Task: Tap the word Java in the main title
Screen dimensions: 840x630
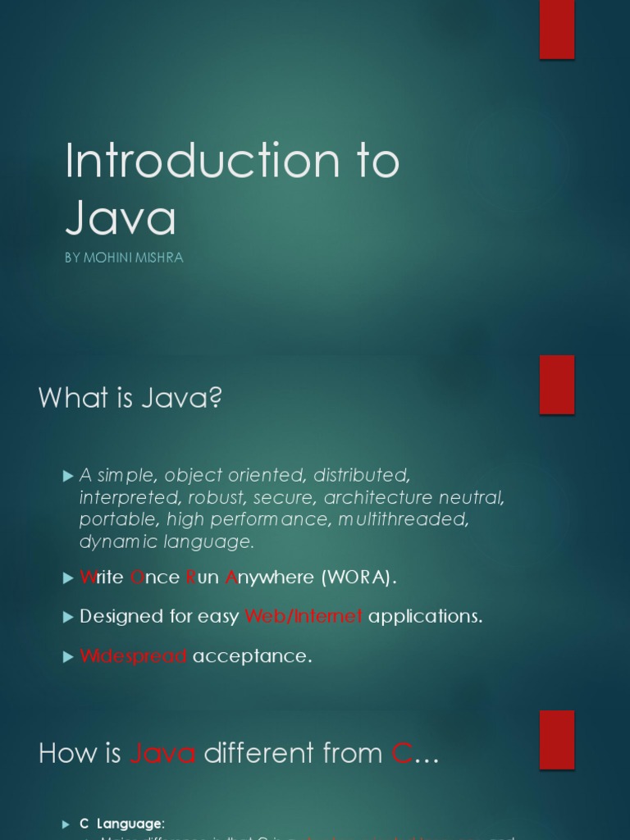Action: point(121,218)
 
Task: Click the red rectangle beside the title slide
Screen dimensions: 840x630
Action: point(557,30)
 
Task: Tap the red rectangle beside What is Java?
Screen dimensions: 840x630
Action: point(557,385)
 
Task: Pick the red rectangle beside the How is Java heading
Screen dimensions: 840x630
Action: point(557,740)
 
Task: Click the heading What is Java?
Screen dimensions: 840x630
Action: point(130,399)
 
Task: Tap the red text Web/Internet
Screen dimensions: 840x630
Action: point(304,617)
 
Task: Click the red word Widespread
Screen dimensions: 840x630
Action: point(134,656)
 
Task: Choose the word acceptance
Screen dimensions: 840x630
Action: point(252,656)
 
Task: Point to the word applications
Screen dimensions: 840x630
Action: point(425,617)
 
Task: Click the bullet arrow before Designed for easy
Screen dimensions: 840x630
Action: point(68,617)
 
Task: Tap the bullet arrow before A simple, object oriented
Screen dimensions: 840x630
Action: point(68,475)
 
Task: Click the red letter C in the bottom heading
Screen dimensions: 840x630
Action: point(401,753)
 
